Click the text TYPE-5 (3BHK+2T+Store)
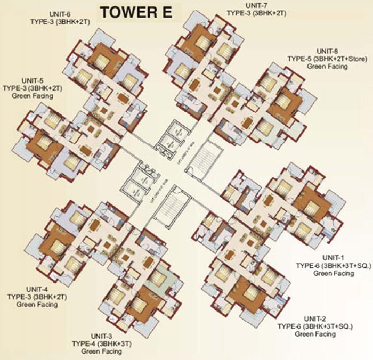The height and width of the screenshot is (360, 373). (317, 59)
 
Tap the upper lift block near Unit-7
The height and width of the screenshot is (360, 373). (171, 136)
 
